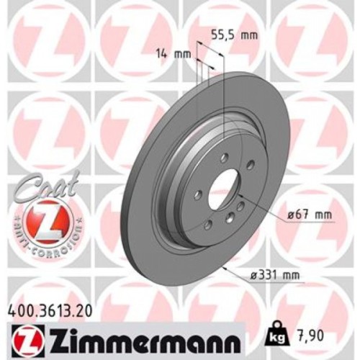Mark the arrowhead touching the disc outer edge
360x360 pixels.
point(224,267)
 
